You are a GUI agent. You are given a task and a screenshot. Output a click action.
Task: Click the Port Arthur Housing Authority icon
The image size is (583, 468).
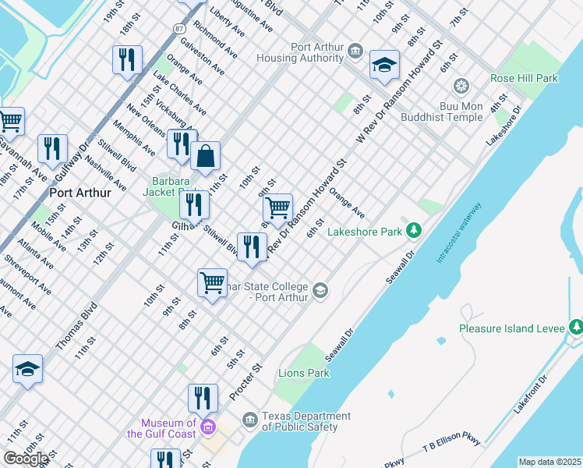pos(356,51)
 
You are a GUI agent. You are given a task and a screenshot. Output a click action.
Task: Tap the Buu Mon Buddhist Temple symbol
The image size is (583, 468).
pos(461,85)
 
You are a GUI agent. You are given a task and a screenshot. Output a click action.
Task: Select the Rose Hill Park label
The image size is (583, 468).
pos(523,79)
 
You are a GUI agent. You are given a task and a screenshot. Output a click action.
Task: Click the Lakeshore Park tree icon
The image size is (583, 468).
pos(415,231)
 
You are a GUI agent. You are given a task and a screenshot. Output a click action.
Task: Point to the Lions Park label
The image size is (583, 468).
pos(303,374)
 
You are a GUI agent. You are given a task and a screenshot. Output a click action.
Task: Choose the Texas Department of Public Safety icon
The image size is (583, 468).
pos(250,421)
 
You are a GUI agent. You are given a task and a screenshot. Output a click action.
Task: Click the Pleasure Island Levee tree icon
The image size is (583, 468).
pos(576,328)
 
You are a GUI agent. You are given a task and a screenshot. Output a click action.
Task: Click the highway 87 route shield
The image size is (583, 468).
pos(179,28)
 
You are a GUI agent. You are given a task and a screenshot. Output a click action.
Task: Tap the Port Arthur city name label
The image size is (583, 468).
pos(79,193)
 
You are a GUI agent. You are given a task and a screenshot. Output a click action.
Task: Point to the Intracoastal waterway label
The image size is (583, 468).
pos(459,232)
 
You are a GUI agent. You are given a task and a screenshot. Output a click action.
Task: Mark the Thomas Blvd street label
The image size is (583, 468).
pos(76,325)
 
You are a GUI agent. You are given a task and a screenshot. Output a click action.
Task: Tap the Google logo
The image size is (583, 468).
pos(26,458)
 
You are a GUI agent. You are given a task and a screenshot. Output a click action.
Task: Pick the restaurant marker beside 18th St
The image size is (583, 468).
pos(126,59)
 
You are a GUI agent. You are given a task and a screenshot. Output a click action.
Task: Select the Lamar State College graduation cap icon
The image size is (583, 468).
pos(320,291)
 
